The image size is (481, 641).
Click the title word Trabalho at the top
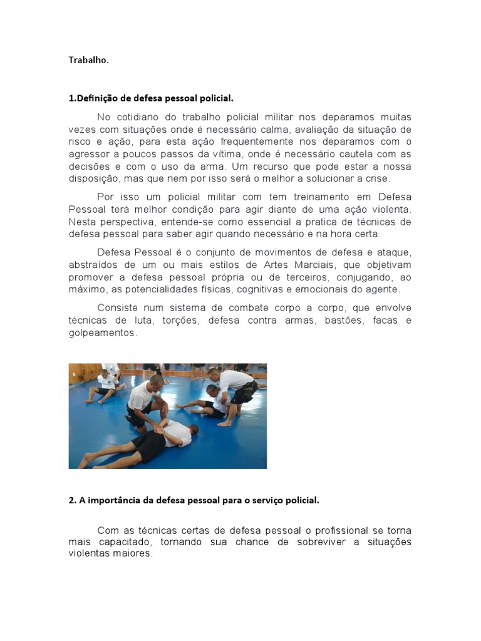[88, 61]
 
